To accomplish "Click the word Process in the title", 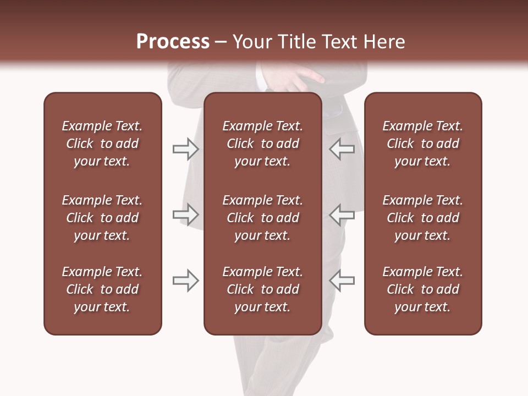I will tap(173, 42).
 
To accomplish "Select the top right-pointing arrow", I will tap(186, 149).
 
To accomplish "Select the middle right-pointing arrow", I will tap(186, 215).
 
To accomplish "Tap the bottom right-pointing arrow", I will tap(186, 280).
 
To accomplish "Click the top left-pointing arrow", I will tap(342, 149).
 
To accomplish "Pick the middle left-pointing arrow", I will tap(342, 215).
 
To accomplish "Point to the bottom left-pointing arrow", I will tap(342, 280).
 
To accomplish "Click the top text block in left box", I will tap(102, 144).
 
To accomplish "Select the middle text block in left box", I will tap(102, 218).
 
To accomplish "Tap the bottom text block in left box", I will tap(102, 289).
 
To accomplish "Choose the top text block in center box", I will tap(262, 144).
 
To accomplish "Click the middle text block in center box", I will tap(262, 218).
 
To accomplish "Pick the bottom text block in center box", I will tap(262, 289).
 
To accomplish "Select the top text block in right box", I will tap(423, 144).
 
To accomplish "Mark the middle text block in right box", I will tap(423, 218).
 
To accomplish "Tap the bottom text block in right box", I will tap(423, 289).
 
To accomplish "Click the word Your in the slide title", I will tap(251, 42).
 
